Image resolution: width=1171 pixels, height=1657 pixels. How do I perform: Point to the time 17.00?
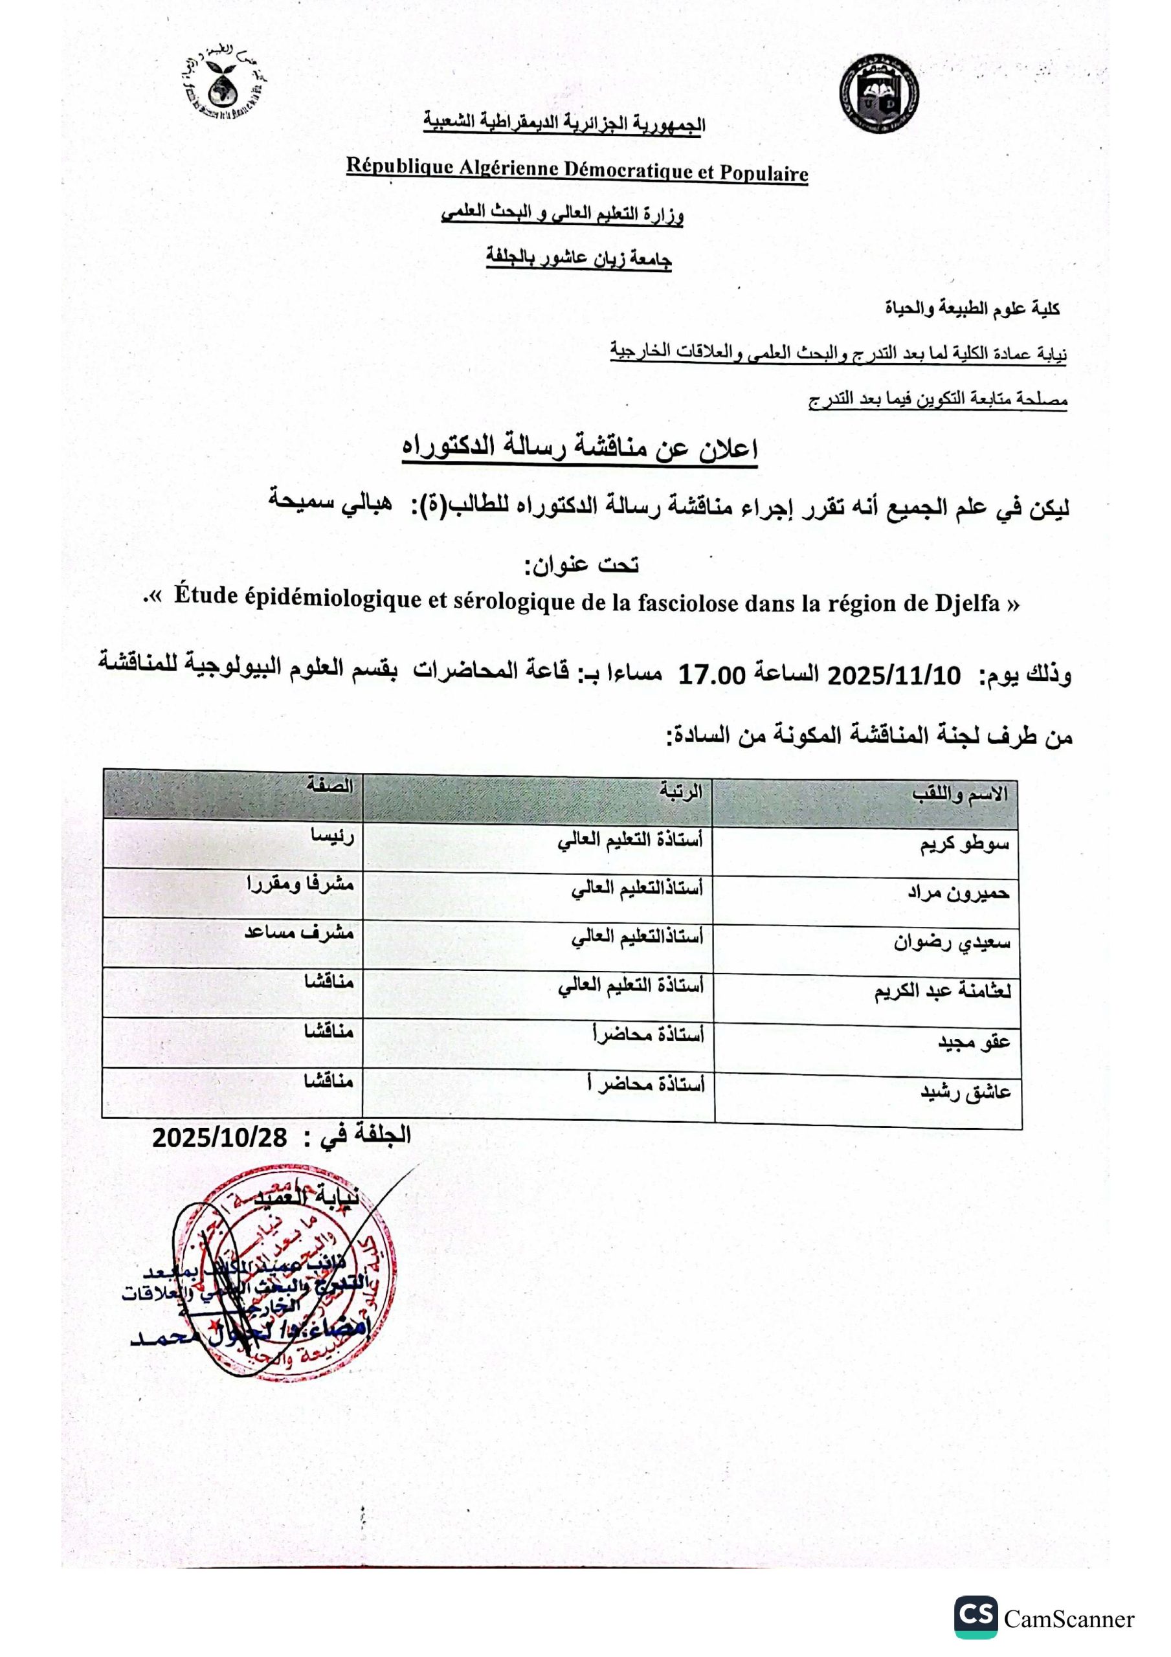(711, 676)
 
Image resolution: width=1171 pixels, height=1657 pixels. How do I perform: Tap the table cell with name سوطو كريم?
(965, 845)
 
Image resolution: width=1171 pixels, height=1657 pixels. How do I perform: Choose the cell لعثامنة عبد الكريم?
(943, 992)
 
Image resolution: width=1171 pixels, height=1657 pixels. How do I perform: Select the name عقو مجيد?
(973, 1041)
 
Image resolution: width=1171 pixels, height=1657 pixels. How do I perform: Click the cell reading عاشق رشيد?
(965, 1092)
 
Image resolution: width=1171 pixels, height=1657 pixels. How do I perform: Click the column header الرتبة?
(680, 792)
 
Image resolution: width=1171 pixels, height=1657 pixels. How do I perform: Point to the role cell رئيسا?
(331, 836)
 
